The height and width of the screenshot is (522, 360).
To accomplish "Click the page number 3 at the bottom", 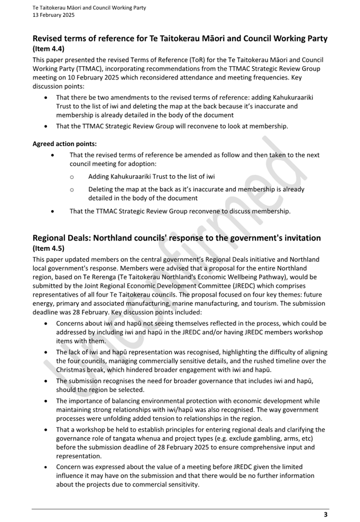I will tap(326, 514).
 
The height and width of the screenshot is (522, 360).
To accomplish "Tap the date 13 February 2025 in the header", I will tap(54, 15).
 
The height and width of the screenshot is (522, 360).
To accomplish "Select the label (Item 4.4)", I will tap(48, 49).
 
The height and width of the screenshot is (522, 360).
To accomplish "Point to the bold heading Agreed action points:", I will tap(64, 144).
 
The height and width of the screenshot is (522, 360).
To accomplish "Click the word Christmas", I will tap(73, 370).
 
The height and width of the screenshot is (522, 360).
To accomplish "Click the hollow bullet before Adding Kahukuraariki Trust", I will tap(72, 177).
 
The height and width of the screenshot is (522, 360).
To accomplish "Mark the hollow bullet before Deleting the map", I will tap(72, 189).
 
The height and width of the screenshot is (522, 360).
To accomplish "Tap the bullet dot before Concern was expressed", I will tap(47, 467).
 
